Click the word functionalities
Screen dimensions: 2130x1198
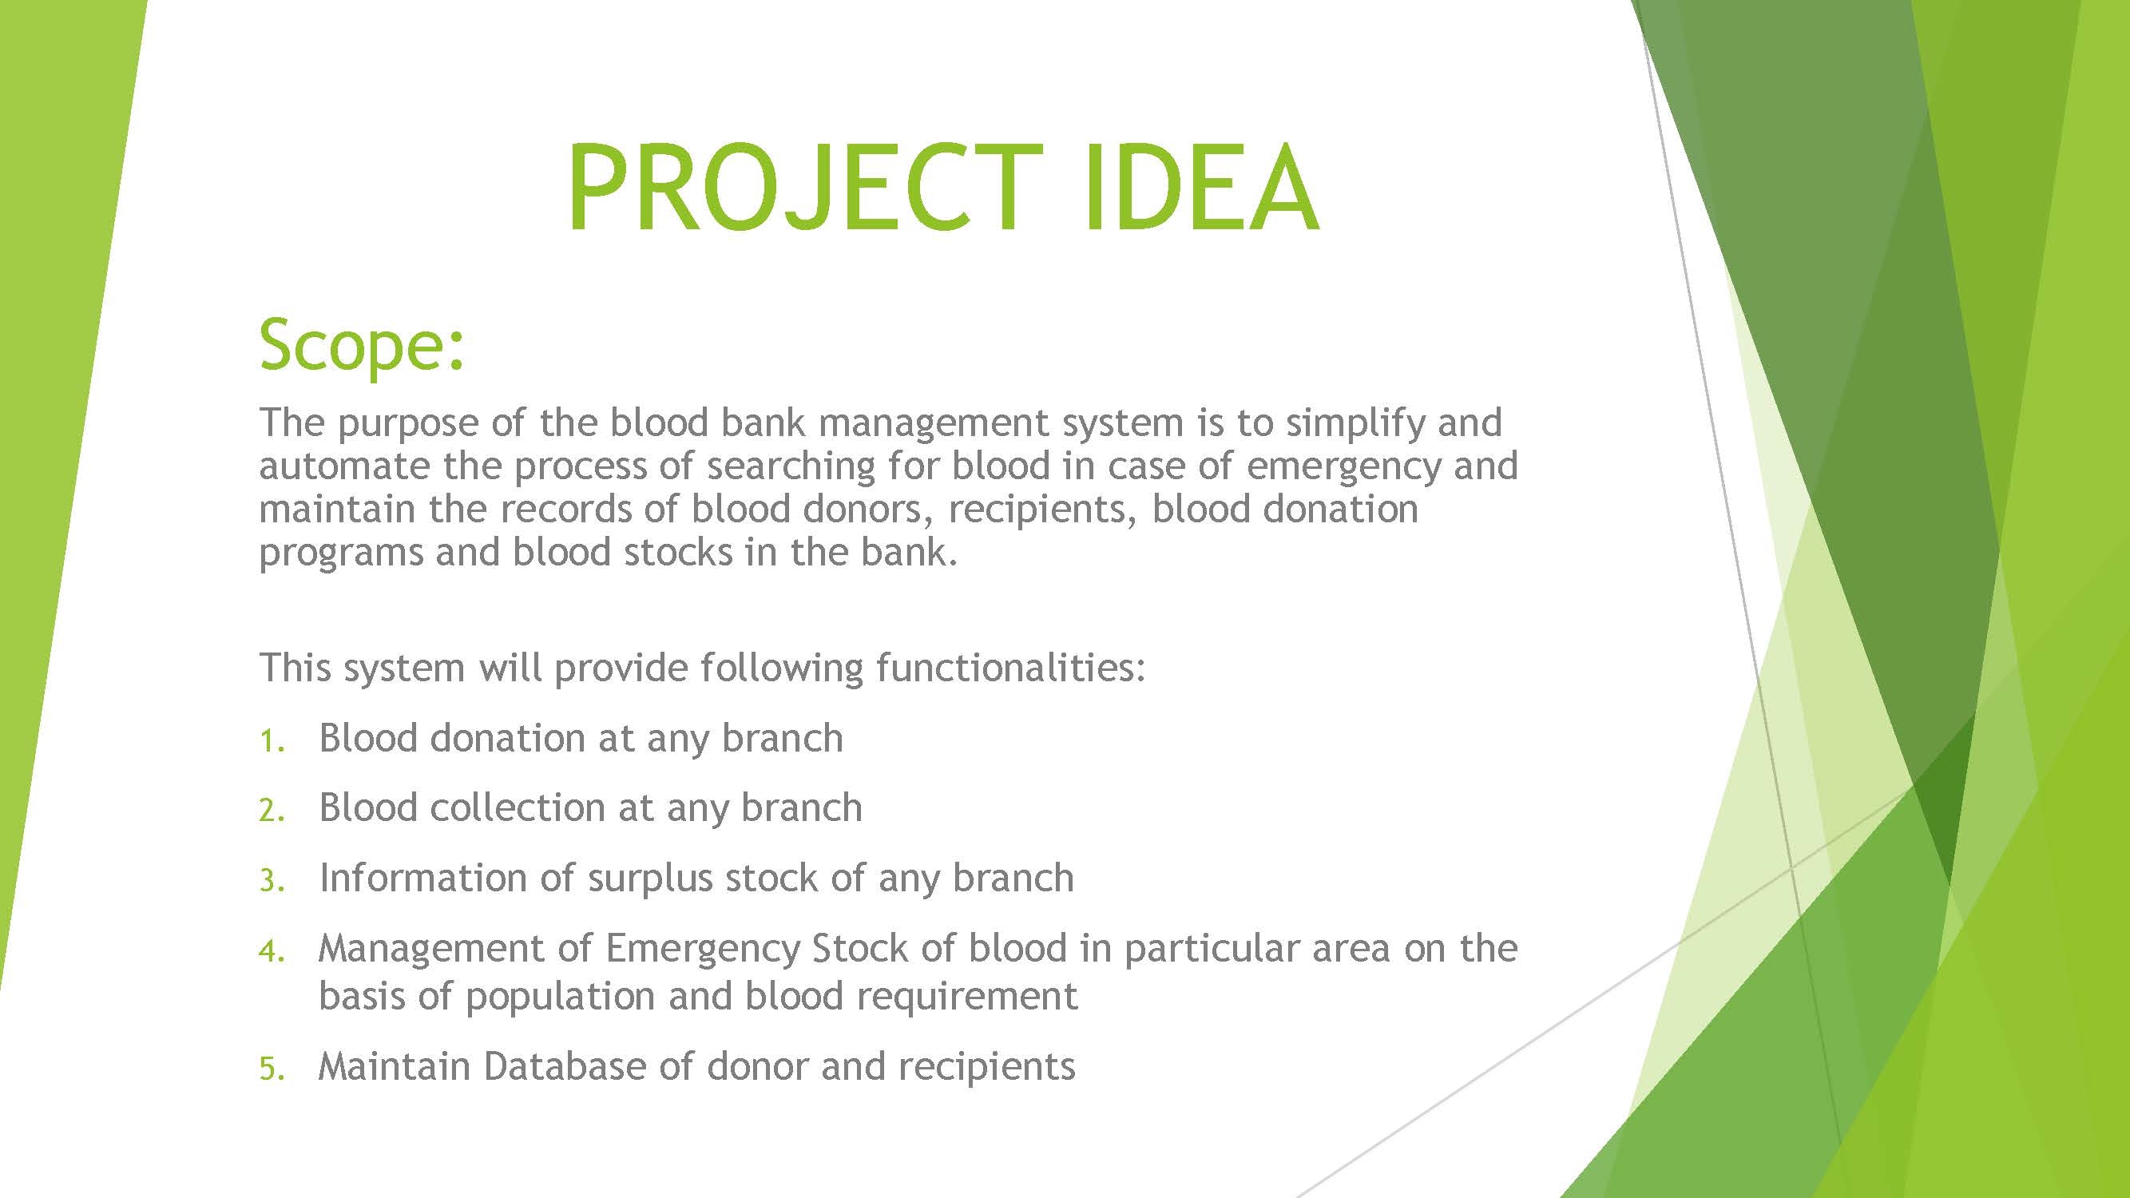(1010, 667)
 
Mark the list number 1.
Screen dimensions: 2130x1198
(272, 742)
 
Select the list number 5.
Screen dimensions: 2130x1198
(272, 1070)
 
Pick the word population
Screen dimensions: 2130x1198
(560, 998)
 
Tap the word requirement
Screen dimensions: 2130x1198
(967, 998)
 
